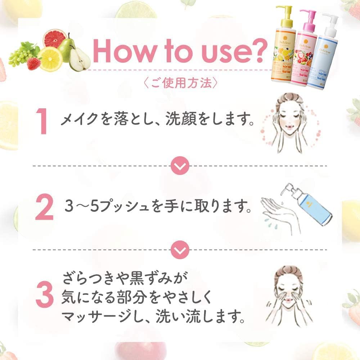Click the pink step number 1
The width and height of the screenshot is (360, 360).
[x=43, y=122]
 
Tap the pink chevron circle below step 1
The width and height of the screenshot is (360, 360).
[x=180, y=166]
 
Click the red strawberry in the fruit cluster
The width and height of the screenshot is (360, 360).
[x=34, y=63]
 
